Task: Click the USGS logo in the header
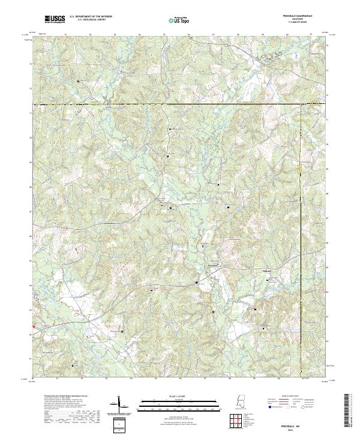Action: [x=55, y=20]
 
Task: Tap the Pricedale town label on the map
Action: [x=212, y=265]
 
